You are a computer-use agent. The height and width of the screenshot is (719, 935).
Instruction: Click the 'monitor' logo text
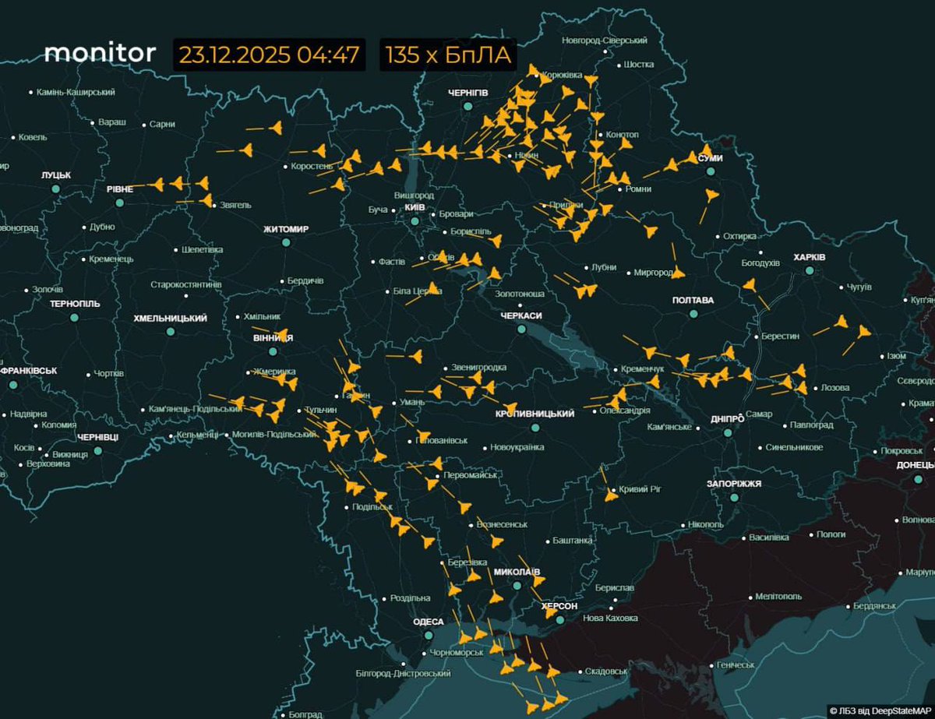pos(100,53)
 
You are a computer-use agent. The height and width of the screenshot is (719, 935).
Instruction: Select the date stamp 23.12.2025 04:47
pos(269,55)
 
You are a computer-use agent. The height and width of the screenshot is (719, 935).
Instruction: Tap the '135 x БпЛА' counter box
pos(447,55)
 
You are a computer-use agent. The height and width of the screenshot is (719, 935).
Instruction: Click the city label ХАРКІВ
pos(809,257)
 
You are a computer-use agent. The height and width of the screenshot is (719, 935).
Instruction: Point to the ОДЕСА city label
pos(429,622)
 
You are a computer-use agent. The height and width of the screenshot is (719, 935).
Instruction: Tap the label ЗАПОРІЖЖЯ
pos(733,484)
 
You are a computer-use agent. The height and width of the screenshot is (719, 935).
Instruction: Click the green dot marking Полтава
pos(693,314)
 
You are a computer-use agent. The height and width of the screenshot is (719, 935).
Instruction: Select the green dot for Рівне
pos(119,203)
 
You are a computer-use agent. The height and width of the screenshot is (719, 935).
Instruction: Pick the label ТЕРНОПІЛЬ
pos(75,304)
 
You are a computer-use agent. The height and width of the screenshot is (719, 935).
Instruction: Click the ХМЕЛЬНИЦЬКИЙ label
pos(170,319)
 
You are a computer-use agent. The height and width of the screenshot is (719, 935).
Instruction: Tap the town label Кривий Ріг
pos(640,489)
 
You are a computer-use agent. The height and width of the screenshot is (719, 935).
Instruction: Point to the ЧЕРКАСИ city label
pos(521,315)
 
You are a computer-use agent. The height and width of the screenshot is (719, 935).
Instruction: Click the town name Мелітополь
pos(778,596)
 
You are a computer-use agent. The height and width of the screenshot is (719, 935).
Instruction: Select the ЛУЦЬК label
pos(56,175)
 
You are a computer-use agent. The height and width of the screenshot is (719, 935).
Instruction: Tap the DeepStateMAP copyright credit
pos(880,710)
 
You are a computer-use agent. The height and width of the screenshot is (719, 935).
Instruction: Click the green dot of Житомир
pos(286,242)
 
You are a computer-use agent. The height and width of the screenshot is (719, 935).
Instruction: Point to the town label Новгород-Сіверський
pos(605,40)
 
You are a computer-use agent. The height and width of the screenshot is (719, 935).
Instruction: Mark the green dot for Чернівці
pos(98,450)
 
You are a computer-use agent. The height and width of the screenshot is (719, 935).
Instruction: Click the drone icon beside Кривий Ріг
pos(611,494)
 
